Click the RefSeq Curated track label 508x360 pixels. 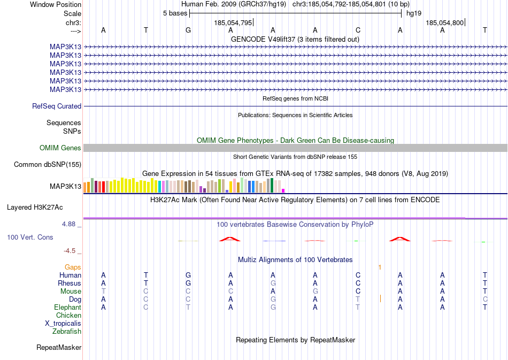(x=57, y=106)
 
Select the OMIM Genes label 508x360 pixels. (x=60, y=148)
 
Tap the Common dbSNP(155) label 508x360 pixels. (x=48, y=165)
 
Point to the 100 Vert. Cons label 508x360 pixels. (x=30, y=237)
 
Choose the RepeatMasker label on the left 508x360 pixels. (x=59, y=348)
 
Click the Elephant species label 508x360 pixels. (x=67, y=308)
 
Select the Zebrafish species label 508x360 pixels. (x=67, y=332)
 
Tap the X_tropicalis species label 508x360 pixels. (x=63, y=324)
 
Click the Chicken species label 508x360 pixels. (x=68, y=316)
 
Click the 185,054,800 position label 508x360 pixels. (x=444, y=23)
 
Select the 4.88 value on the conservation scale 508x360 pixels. (x=70, y=224)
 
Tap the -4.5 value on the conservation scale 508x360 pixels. (x=70, y=250)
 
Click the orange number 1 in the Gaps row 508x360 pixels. (x=380, y=267)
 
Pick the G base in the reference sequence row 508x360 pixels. (x=188, y=30)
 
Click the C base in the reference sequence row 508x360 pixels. (x=358, y=30)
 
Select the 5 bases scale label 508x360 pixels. (x=175, y=13)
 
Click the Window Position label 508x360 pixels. (x=56, y=5)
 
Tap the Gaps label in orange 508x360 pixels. (x=73, y=267)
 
